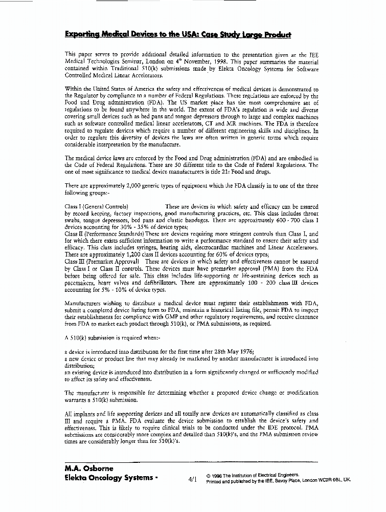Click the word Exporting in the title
coord(82,35)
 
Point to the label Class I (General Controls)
coord(96,206)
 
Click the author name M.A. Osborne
coord(89,468)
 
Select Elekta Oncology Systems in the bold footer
coord(108,478)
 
